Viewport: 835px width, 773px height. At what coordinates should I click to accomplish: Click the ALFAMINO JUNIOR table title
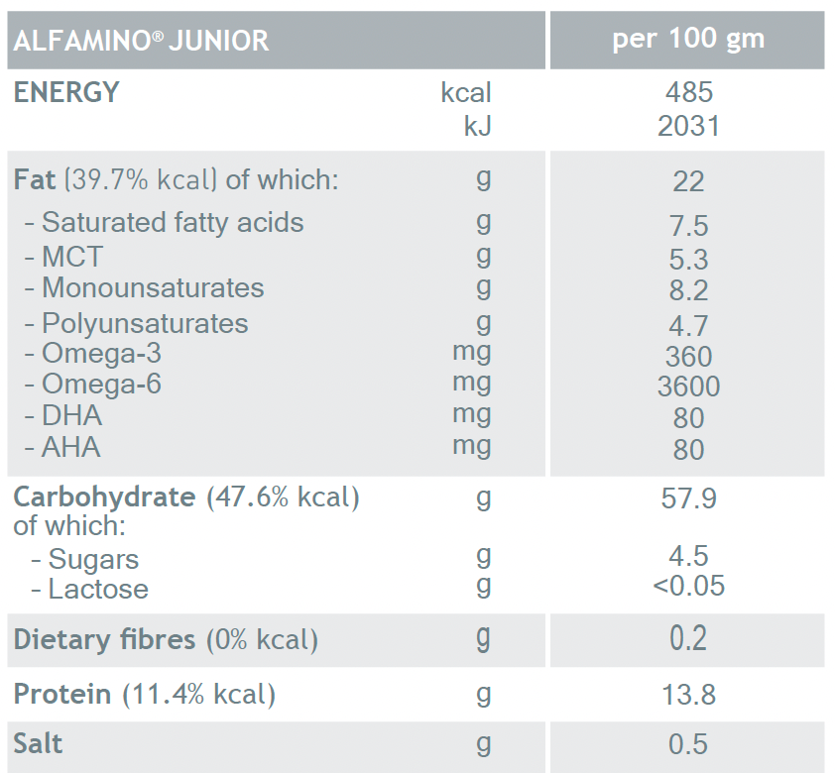pos(141,41)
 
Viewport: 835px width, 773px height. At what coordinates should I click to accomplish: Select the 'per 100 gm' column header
pos(688,40)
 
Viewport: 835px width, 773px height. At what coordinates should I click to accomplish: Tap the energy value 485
pos(689,93)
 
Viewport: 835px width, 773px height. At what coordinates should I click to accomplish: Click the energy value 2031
pos(688,126)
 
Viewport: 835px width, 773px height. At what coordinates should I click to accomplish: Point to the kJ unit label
pos(477,126)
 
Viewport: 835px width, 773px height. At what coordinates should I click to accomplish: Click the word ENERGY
pos(66,93)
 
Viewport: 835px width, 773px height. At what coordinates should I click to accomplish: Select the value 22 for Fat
pos(688,181)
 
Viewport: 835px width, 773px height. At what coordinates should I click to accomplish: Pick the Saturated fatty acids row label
pos(172,222)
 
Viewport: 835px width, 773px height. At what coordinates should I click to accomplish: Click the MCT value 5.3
pos(688,260)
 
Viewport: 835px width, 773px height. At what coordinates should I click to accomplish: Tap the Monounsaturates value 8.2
pos(688,290)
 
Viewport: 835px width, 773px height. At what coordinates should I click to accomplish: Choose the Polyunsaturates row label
pos(144,323)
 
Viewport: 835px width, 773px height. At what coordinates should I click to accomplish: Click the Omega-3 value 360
pos(688,356)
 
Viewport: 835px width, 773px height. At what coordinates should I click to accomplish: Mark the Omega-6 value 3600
pos(688,386)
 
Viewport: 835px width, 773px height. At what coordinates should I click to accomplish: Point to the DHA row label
pos(70,415)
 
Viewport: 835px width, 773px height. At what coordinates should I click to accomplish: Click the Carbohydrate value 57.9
pos(688,497)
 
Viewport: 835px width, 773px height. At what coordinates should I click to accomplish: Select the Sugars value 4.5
pos(688,556)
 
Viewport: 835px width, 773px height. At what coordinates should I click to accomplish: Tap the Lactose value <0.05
pos(688,586)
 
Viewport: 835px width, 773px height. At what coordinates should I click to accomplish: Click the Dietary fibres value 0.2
pos(688,639)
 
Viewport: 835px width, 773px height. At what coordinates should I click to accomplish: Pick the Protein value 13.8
pos(688,695)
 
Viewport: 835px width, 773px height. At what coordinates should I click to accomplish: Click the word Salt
pos(39,743)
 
